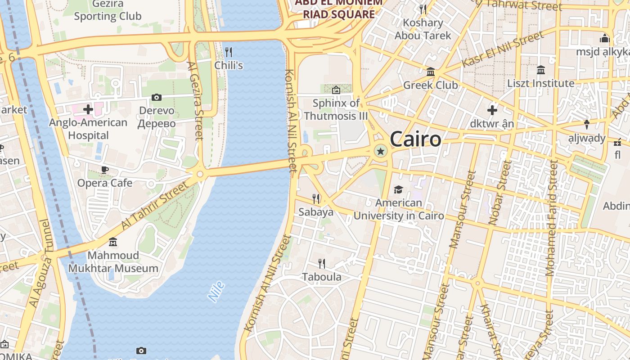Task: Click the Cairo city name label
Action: point(415,139)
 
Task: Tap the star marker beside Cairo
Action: point(381,152)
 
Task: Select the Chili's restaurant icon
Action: point(229,52)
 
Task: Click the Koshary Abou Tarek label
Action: point(423,29)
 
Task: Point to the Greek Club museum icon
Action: point(431,72)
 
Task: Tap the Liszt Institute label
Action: point(540,83)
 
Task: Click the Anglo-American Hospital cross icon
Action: point(88,109)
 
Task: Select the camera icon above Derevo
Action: point(157,97)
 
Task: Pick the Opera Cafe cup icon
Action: point(105,170)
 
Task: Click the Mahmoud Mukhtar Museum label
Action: point(113,262)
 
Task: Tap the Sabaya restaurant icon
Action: point(316,198)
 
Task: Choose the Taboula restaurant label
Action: point(321,277)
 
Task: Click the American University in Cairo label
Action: point(399,209)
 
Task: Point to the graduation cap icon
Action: point(398,189)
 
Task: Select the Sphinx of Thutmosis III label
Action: point(336,109)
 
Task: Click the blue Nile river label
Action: point(216,291)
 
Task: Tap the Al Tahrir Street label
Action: point(157,205)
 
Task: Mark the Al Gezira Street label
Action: point(196,101)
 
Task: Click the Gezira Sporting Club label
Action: point(108,10)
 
